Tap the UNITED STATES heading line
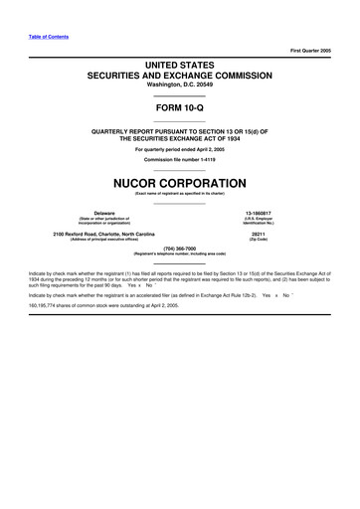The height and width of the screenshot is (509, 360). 179,63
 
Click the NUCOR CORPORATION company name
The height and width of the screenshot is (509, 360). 179,184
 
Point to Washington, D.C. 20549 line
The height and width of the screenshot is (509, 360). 179,85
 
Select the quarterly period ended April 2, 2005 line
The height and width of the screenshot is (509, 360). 179,150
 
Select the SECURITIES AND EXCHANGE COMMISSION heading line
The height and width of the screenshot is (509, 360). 179,75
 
